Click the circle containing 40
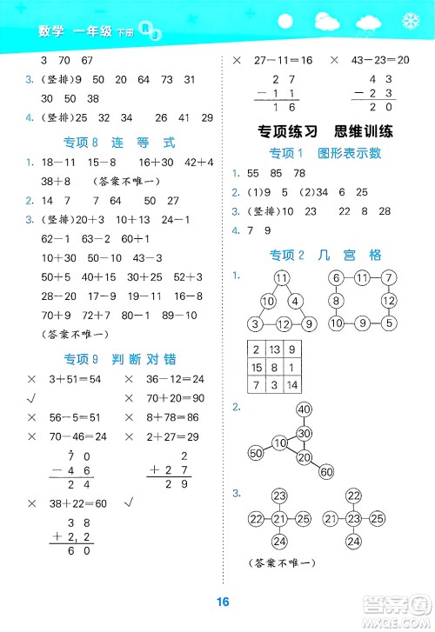(x=304, y=409)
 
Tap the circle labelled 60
(x=326, y=472)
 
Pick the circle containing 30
(x=304, y=434)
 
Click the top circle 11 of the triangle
(x=280, y=278)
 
